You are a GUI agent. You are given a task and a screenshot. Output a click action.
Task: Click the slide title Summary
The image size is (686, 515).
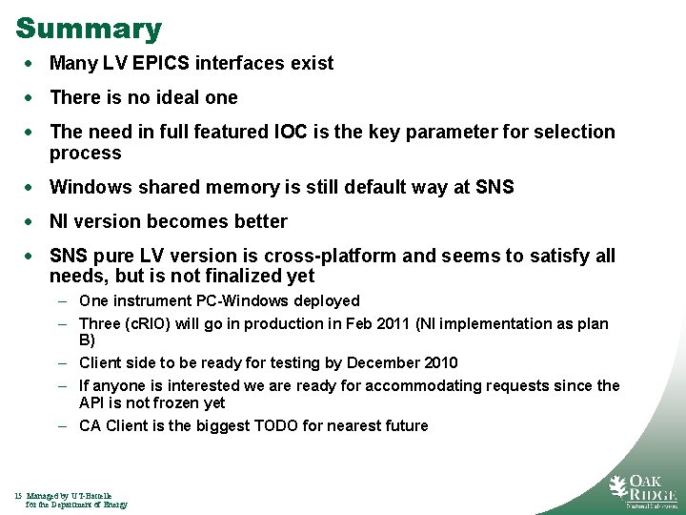[89, 29]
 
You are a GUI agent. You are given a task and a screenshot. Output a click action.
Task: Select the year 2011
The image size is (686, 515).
[393, 324]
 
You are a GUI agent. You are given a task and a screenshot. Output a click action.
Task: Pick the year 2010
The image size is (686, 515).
[437, 363]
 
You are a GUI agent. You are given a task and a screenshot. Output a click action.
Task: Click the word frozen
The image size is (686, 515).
[170, 403]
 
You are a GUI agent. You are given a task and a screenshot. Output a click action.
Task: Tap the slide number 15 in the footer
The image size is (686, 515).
[19, 496]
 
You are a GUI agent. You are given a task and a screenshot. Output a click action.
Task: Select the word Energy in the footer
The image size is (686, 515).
[112, 505]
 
